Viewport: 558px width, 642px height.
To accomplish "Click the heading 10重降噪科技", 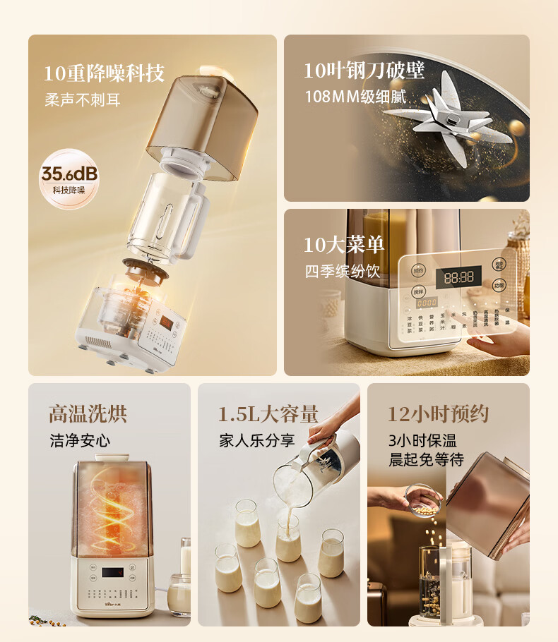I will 104,72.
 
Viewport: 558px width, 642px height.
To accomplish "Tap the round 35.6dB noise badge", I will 69,178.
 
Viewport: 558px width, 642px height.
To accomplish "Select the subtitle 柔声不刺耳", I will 83,99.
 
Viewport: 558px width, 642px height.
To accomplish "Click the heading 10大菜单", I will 344,245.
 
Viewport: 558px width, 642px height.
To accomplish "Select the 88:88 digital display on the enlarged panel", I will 458,277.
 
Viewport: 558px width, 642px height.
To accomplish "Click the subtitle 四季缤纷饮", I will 343,271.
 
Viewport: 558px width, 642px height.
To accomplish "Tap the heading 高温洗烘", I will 88,413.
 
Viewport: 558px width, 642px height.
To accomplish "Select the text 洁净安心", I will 80,440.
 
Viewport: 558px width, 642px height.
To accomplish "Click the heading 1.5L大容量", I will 268,413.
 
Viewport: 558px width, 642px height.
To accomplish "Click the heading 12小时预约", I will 438,413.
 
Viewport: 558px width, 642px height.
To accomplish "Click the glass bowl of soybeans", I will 425,499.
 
